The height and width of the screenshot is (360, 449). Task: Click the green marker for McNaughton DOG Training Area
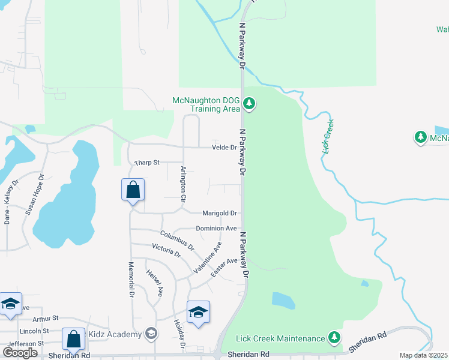click(249, 105)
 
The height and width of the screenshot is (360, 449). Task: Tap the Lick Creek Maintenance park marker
click(334, 338)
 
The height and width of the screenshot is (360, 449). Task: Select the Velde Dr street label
click(223, 148)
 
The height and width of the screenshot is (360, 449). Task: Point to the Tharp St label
click(147, 163)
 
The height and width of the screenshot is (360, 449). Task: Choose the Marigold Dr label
click(219, 213)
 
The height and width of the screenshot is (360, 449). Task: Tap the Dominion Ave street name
click(216, 229)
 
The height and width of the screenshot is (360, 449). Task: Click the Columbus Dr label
click(177, 240)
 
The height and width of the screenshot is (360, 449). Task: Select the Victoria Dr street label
click(166, 250)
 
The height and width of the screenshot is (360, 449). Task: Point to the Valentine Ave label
click(208, 257)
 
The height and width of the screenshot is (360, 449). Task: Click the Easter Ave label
click(224, 268)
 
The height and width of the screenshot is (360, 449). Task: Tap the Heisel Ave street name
click(155, 283)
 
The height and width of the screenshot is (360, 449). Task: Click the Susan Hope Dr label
click(34, 195)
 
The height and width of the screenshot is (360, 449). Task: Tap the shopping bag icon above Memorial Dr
click(133, 191)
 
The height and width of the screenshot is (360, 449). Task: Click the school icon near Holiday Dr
click(198, 313)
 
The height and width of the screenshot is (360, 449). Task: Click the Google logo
click(20, 353)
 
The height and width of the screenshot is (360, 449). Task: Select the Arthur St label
click(46, 318)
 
